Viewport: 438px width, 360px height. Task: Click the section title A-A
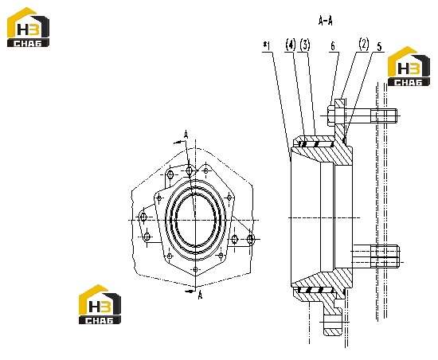pyautogui.click(x=326, y=21)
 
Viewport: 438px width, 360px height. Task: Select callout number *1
pyautogui.click(x=267, y=46)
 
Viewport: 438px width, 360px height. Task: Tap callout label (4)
pyautogui.click(x=291, y=45)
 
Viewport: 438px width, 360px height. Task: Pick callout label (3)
pyautogui.click(x=305, y=45)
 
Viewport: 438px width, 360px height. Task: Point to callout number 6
pyautogui.click(x=333, y=46)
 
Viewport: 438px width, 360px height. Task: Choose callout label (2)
pyautogui.click(x=364, y=44)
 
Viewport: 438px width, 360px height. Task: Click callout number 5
pyautogui.click(x=379, y=47)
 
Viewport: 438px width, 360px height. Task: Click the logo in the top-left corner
pyautogui.click(x=28, y=27)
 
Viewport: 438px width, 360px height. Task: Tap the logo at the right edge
pyautogui.click(x=409, y=66)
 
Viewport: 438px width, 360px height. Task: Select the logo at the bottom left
pyautogui.click(x=100, y=304)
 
